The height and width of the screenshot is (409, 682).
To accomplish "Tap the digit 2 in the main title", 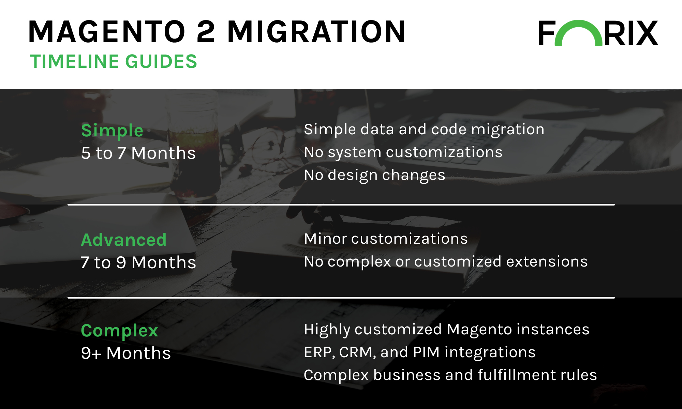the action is [206, 32].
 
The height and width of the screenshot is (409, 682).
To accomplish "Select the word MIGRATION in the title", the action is [316, 32].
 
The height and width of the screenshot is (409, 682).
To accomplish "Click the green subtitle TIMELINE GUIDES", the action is [114, 62].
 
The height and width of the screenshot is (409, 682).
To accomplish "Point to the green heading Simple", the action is [112, 131].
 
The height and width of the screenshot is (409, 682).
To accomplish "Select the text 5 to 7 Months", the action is [138, 153].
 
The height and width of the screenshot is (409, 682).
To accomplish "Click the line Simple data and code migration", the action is [424, 130].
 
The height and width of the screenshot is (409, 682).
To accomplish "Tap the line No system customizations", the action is [403, 153].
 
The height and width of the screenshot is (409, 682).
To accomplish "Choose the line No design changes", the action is [374, 176].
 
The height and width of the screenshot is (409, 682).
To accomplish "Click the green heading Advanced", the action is [124, 240].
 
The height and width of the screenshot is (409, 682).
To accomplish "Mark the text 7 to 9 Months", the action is [138, 262].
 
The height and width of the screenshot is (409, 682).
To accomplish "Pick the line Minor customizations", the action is [386, 239].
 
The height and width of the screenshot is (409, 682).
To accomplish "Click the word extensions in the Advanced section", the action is [547, 262].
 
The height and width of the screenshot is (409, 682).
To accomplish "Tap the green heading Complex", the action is [119, 331].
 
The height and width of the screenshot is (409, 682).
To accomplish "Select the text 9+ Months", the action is [126, 353].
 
